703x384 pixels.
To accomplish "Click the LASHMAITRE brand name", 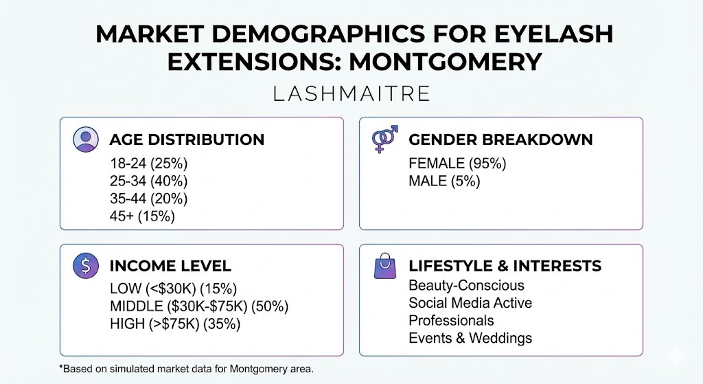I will [x=351, y=93].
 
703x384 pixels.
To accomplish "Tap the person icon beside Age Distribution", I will [x=86, y=139].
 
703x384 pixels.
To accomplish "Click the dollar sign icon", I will [x=86, y=266].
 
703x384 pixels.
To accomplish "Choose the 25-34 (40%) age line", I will [x=148, y=181].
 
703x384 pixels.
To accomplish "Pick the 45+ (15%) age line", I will [x=142, y=216].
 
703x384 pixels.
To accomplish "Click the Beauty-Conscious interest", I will [x=466, y=285].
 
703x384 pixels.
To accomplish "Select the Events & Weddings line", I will [x=470, y=338].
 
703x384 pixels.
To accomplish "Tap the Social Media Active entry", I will [x=470, y=303].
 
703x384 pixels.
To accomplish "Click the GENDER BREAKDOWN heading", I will [x=500, y=139].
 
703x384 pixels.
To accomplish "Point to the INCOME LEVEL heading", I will [x=170, y=266].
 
